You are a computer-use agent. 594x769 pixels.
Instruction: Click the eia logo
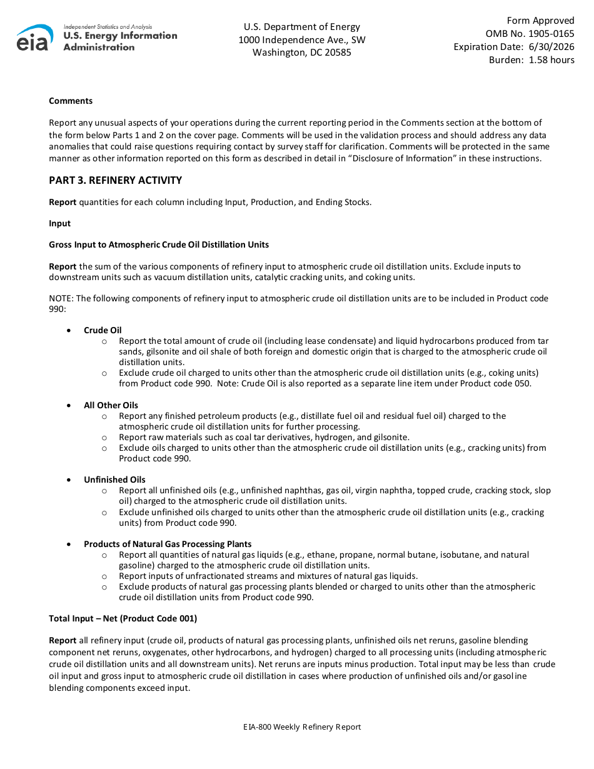[x=35, y=38]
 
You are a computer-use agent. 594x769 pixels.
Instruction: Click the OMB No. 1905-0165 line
[x=530, y=34]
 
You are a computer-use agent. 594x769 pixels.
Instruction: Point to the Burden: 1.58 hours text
[x=531, y=60]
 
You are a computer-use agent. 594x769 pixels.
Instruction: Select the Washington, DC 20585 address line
[x=301, y=53]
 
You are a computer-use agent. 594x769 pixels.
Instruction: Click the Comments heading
[x=71, y=101]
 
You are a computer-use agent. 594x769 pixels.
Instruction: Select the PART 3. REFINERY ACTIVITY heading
[x=116, y=181]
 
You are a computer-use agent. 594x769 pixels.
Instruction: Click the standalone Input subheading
[x=60, y=223]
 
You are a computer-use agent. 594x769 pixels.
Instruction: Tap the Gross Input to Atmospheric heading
[x=159, y=244]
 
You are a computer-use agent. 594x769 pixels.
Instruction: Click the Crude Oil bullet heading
[x=103, y=330]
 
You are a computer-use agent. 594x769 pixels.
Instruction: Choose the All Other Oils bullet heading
[x=111, y=405]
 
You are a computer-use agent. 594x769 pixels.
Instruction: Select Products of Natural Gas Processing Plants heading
[x=168, y=544]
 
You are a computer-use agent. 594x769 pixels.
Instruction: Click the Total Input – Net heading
[x=123, y=618]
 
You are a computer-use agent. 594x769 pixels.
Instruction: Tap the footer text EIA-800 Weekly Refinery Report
[x=302, y=726]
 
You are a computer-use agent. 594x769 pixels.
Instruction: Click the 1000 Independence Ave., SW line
[x=301, y=40]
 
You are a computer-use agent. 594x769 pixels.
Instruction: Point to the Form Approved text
[x=540, y=21]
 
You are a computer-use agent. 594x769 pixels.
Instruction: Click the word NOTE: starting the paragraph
[x=61, y=298]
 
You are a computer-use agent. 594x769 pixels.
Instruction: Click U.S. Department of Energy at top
[x=301, y=27]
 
